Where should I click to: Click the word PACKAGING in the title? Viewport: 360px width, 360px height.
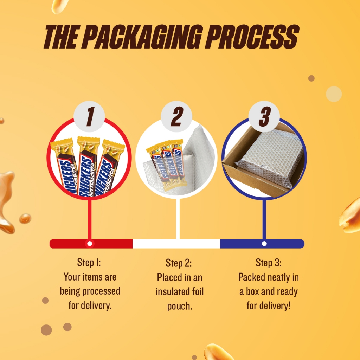click(x=143, y=37)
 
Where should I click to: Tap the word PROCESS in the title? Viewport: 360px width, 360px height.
click(x=252, y=37)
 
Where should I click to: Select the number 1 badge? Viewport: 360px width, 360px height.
click(x=89, y=116)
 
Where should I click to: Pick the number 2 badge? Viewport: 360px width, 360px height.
click(x=176, y=116)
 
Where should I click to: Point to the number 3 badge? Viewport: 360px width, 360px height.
click(x=264, y=116)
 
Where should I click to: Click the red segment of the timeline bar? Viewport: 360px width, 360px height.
click(x=91, y=244)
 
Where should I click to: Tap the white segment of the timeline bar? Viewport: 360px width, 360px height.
click(x=176, y=244)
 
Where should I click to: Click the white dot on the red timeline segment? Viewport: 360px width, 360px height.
click(x=90, y=244)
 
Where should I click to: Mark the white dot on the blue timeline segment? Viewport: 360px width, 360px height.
click(x=264, y=244)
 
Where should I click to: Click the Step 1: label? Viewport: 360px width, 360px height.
click(x=89, y=262)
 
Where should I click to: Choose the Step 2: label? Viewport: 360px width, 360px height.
click(x=179, y=263)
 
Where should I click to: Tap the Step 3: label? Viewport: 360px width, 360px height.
click(x=268, y=263)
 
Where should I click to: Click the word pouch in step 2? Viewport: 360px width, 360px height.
click(x=180, y=306)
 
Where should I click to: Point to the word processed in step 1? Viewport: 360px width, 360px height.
click(x=101, y=291)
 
